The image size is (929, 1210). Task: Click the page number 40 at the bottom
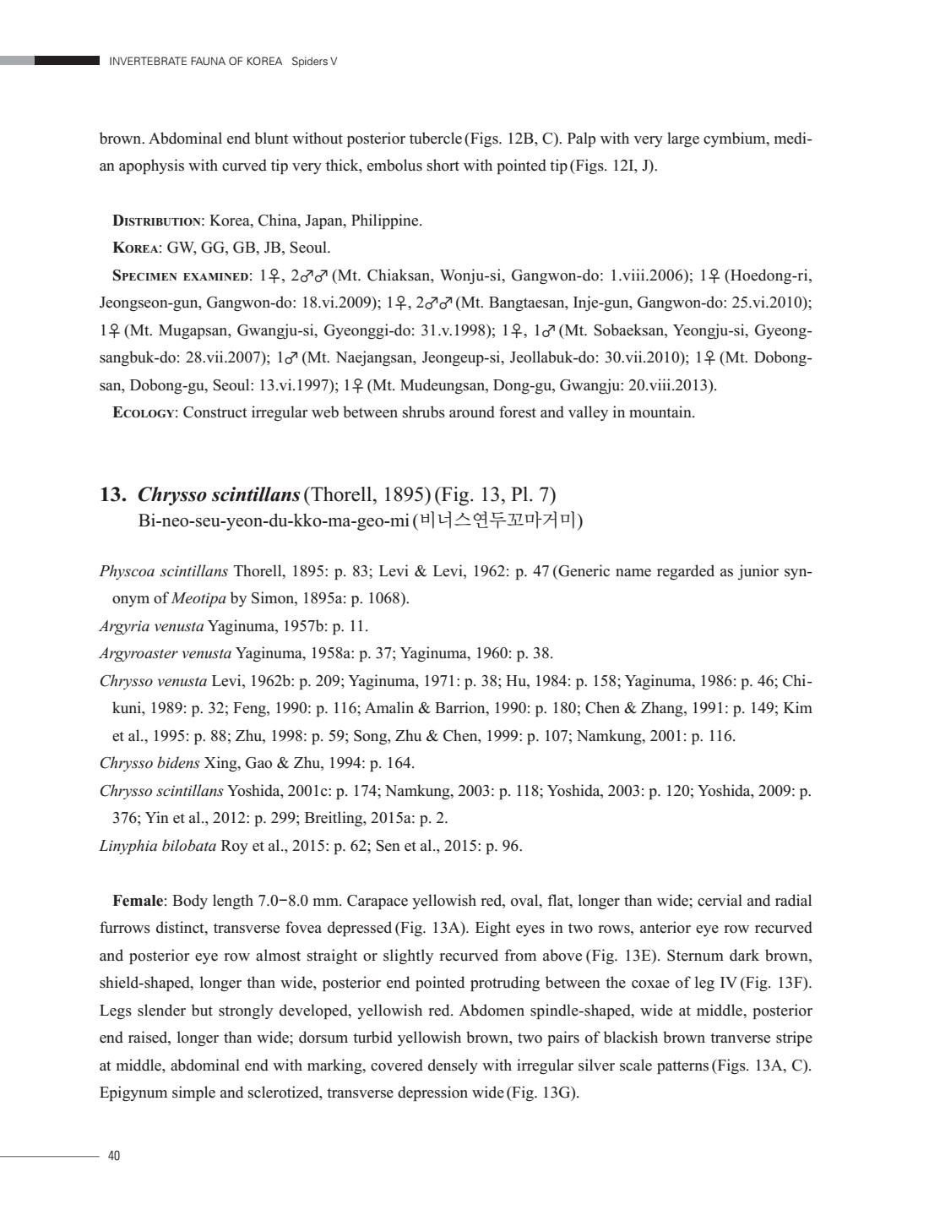tap(114, 1156)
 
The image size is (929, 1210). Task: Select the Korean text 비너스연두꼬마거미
tap(498, 520)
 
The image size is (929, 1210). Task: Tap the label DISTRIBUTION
tap(157, 221)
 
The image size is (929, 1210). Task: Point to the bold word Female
tap(138, 901)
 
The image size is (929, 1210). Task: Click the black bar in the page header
tap(68, 61)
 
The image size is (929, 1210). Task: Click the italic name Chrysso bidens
tap(149, 764)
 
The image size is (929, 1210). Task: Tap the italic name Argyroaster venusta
tap(166, 653)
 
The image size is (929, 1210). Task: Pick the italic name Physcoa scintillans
tap(164, 571)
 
